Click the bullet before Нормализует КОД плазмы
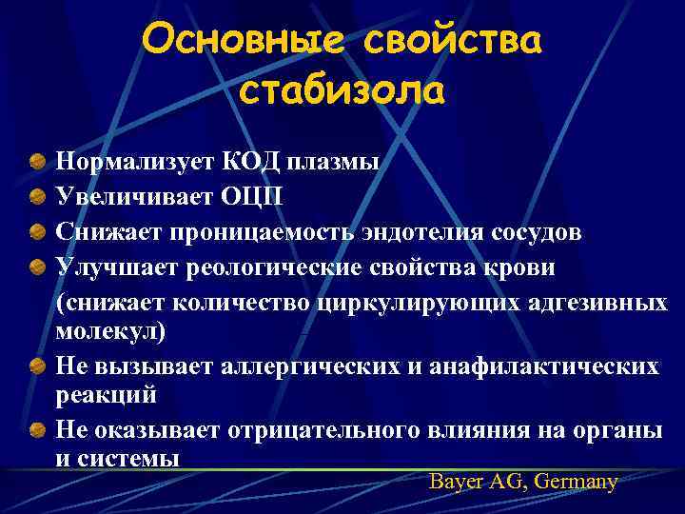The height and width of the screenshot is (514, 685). tap(35, 161)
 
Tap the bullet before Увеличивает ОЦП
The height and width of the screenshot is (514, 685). tap(35, 195)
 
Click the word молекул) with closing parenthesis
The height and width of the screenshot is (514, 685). tap(109, 332)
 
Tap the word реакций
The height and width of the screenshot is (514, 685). tap(106, 394)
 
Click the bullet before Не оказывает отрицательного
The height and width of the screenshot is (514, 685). tap(35, 431)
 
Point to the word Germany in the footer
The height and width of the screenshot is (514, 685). tap(577, 482)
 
